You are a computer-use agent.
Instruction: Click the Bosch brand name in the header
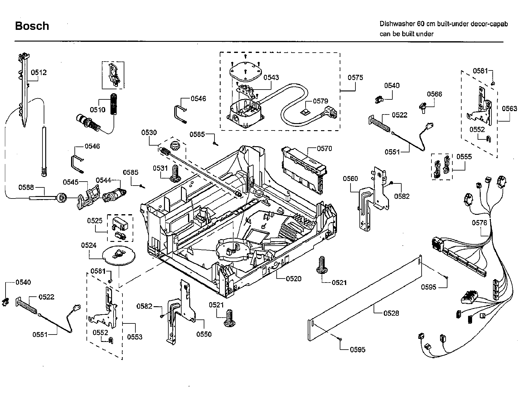point(32,26)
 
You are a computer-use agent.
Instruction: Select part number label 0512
point(39,72)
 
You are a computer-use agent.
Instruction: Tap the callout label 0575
point(355,78)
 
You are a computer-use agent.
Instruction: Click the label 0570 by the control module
point(324,149)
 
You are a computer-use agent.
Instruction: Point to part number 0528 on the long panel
point(391,313)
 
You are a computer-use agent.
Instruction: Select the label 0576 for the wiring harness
point(479,223)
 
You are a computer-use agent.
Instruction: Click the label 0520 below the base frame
point(294,279)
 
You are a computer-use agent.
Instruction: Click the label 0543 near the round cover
point(271,77)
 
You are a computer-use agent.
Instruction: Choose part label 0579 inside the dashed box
point(320,101)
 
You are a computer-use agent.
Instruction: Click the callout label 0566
point(434,94)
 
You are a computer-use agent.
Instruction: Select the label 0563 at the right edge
point(509,108)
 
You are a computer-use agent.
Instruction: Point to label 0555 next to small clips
point(464,157)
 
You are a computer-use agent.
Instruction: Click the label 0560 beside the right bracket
point(351,178)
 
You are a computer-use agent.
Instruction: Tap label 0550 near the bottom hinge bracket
point(204,334)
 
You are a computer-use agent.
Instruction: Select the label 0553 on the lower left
point(135,337)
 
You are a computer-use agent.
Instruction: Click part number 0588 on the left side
point(26,187)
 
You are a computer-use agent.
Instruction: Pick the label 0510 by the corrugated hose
point(98,110)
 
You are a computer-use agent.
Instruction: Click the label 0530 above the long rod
point(149,133)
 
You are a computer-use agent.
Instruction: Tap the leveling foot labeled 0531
point(175,174)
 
